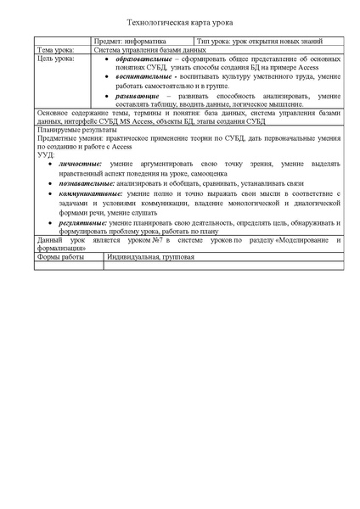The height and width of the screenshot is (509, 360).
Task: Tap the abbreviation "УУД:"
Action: point(47,154)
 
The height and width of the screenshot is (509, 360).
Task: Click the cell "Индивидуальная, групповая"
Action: point(137,256)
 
